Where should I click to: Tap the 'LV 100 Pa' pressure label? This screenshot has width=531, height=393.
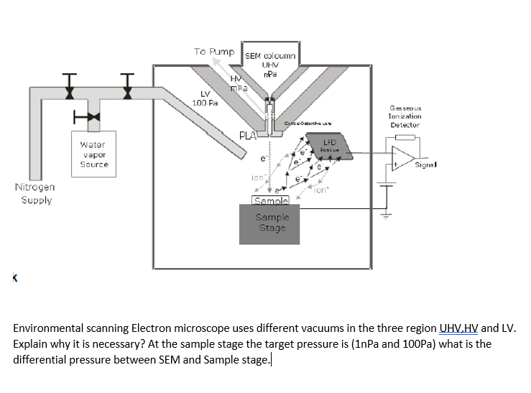pyautogui.click(x=205, y=99)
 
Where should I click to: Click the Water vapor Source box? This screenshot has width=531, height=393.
pyautogui.click(x=93, y=153)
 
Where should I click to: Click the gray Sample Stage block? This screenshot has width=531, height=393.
pyautogui.click(x=272, y=223)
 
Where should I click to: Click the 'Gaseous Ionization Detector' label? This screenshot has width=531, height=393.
pyautogui.click(x=405, y=115)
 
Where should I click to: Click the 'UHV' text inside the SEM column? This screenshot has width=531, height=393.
pyautogui.click(x=267, y=65)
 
